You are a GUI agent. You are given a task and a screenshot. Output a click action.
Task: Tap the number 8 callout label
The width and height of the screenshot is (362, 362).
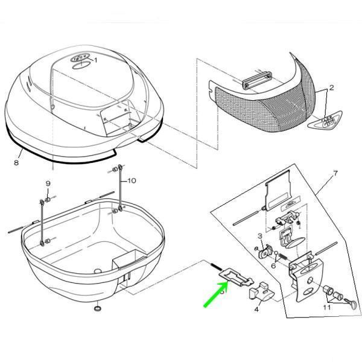click(x=17, y=162)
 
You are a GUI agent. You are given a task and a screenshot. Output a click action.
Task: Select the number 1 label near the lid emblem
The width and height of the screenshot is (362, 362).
click(x=95, y=60)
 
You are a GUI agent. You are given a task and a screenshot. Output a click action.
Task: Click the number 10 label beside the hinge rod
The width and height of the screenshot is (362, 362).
click(x=132, y=180)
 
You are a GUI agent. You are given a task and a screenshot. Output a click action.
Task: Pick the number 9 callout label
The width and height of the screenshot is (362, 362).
click(x=48, y=183)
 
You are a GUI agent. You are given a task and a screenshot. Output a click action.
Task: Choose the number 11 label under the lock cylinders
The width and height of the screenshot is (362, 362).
click(x=326, y=308)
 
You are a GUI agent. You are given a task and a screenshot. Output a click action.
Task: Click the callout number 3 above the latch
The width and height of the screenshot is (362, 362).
click(x=260, y=236)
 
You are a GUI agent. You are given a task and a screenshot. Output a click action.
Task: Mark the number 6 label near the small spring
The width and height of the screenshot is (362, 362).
click(x=273, y=265)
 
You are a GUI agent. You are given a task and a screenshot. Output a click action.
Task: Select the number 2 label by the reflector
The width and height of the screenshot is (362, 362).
click(x=331, y=87)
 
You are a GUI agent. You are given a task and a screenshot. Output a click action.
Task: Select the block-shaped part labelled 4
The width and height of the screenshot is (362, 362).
click(x=261, y=291)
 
